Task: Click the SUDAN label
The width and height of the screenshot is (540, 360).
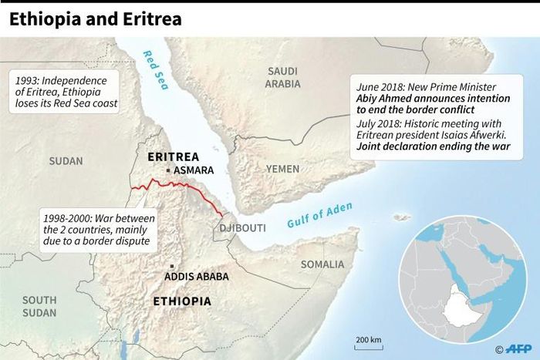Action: pyautogui.click(x=66, y=161)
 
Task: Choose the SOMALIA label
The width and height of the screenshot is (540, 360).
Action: pyautogui.click(x=322, y=264)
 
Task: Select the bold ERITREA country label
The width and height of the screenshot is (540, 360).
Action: pyautogui.click(x=174, y=157)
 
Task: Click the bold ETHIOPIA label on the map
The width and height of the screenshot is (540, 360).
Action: pyautogui.click(x=184, y=301)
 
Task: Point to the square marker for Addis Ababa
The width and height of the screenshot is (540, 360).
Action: pyautogui.click(x=170, y=266)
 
